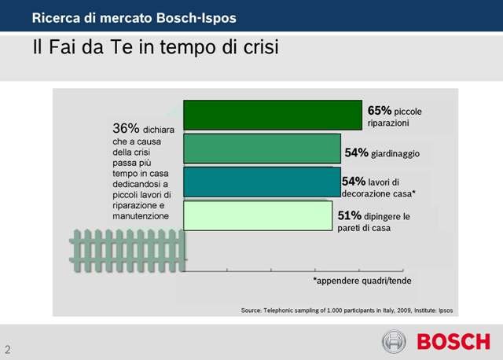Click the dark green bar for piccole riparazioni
pyautogui.click(x=272, y=115)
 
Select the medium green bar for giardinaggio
pyautogui.click(x=262, y=149)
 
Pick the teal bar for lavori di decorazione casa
pyautogui.click(x=262, y=182)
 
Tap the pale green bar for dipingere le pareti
pyautogui.click(x=258, y=215)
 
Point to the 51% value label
pyautogui.click(x=350, y=215)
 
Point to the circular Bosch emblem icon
pyautogui.click(x=394, y=342)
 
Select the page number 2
pyautogui.click(x=9, y=348)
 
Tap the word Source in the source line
pyautogui.click(x=252, y=309)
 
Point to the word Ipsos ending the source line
pyautogui.click(x=445, y=309)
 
